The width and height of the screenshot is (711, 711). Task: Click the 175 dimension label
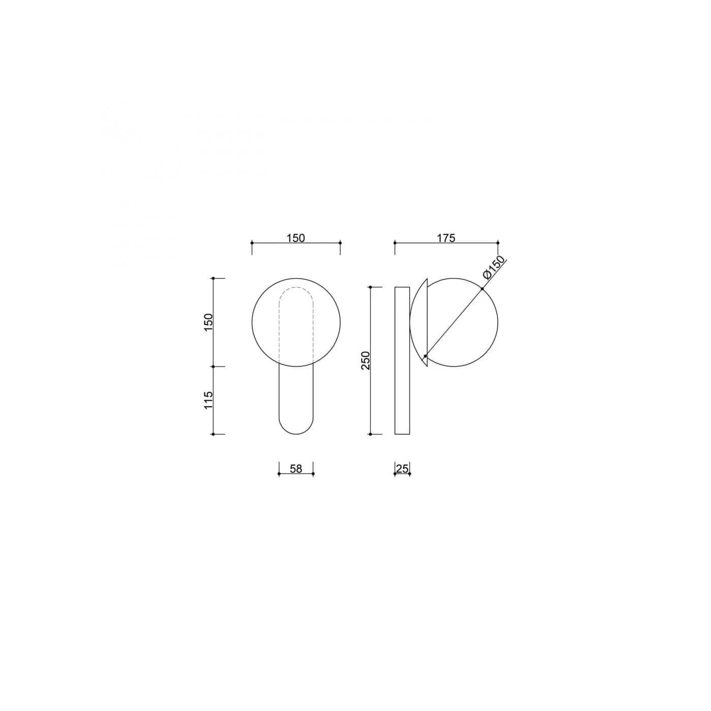(x=446, y=238)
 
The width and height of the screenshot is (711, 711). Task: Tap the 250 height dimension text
(x=365, y=361)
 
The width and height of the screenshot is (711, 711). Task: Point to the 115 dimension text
(x=208, y=400)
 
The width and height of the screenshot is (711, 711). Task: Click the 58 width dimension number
(x=296, y=469)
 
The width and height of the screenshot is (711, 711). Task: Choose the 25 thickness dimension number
(x=402, y=469)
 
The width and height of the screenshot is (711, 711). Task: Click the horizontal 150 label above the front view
(x=296, y=238)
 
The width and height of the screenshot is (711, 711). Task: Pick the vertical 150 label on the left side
(x=208, y=322)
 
